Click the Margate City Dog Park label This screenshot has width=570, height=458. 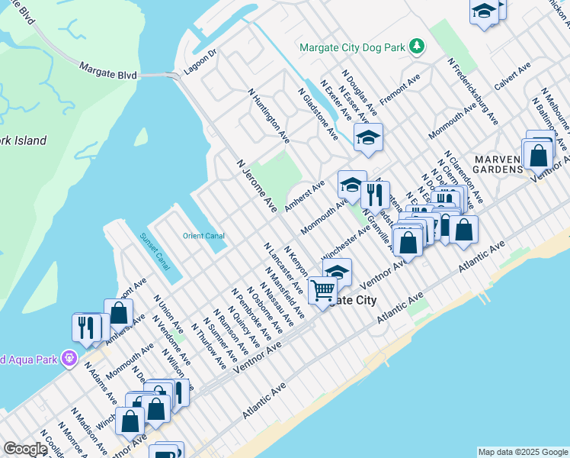click(351, 47)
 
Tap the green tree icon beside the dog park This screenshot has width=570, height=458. click(416, 47)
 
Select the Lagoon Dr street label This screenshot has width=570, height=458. click(200, 64)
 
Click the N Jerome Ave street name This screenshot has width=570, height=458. click(257, 185)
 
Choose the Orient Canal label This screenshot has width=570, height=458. click(202, 236)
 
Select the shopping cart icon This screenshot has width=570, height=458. click(322, 290)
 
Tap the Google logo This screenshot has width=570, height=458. click(24, 449)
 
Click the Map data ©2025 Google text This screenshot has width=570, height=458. click(523, 452)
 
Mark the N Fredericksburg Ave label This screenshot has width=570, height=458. click(472, 92)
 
